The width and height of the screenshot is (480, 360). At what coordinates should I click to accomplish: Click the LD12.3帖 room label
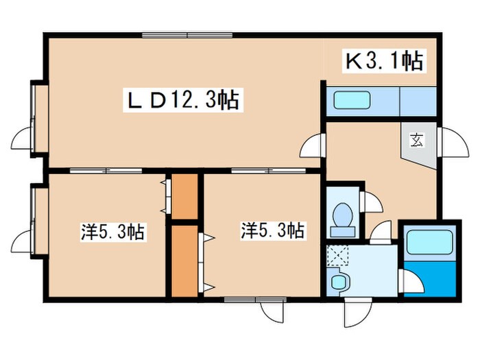click(182, 101)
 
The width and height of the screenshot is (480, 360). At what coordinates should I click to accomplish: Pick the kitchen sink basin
click(351, 101)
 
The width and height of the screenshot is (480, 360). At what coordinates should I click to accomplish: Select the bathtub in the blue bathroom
click(429, 243)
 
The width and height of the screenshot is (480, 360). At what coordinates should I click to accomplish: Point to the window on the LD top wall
click(187, 36)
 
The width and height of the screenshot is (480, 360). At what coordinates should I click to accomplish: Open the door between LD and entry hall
click(313, 145)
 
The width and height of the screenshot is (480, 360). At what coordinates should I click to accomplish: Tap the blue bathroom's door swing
click(409, 282)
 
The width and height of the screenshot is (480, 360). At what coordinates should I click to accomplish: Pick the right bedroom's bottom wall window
click(245, 300)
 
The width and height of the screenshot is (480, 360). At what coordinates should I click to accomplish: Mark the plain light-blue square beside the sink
click(417, 101)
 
